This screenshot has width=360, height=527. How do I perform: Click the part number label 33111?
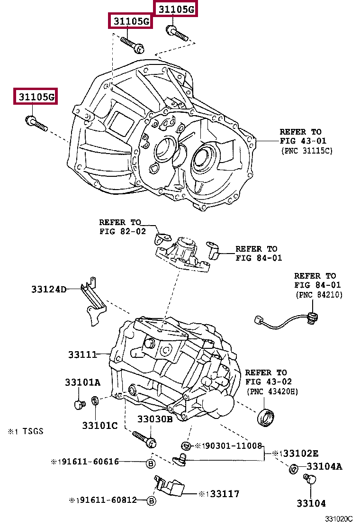tap(82, 354)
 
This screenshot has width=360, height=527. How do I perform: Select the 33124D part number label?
tap(49, 289)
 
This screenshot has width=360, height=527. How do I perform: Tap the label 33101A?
tap(82, 382)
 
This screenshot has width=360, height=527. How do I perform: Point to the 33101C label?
tap(100, 426)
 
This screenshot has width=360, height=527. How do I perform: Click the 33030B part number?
tap(155, 419)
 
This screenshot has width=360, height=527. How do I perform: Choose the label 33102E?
tap(300, 454)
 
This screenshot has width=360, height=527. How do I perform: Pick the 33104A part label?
tap(324, 466)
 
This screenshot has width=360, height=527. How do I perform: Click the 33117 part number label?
tap(225, 494)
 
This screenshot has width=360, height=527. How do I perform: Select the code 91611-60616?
tap(88, 462)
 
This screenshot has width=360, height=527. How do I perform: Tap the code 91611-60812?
tap(107, 500)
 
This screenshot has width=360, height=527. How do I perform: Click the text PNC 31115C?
tap(307, 151)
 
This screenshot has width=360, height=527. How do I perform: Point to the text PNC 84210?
tap(319, 295)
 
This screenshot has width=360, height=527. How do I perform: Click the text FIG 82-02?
tap(123, 231)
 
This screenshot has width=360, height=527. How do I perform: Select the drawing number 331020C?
tap(339, 519)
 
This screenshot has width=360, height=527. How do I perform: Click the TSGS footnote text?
tap(33, 431)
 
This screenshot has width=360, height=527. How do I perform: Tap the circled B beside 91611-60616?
tap(151, 463)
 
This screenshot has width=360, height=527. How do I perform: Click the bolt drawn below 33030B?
tap(144, 440)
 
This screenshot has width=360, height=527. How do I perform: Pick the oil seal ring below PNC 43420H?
tap(266, 418)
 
